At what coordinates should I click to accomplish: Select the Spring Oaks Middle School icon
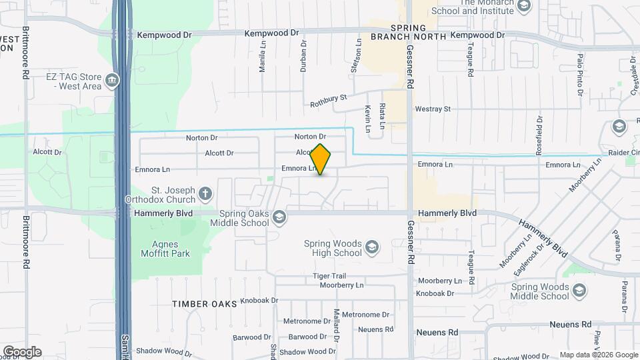279,217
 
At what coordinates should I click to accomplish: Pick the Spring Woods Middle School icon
580,291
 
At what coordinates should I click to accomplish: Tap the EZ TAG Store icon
112,81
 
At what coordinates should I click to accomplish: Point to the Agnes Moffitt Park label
165,248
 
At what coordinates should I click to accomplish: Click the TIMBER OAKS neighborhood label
205,304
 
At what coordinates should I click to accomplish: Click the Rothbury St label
329,101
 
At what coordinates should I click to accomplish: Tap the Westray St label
433,109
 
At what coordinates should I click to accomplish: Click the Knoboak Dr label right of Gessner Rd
435,293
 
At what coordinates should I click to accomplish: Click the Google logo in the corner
22,351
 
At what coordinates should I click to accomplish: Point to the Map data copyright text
599,355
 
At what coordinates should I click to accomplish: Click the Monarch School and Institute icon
524,6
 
